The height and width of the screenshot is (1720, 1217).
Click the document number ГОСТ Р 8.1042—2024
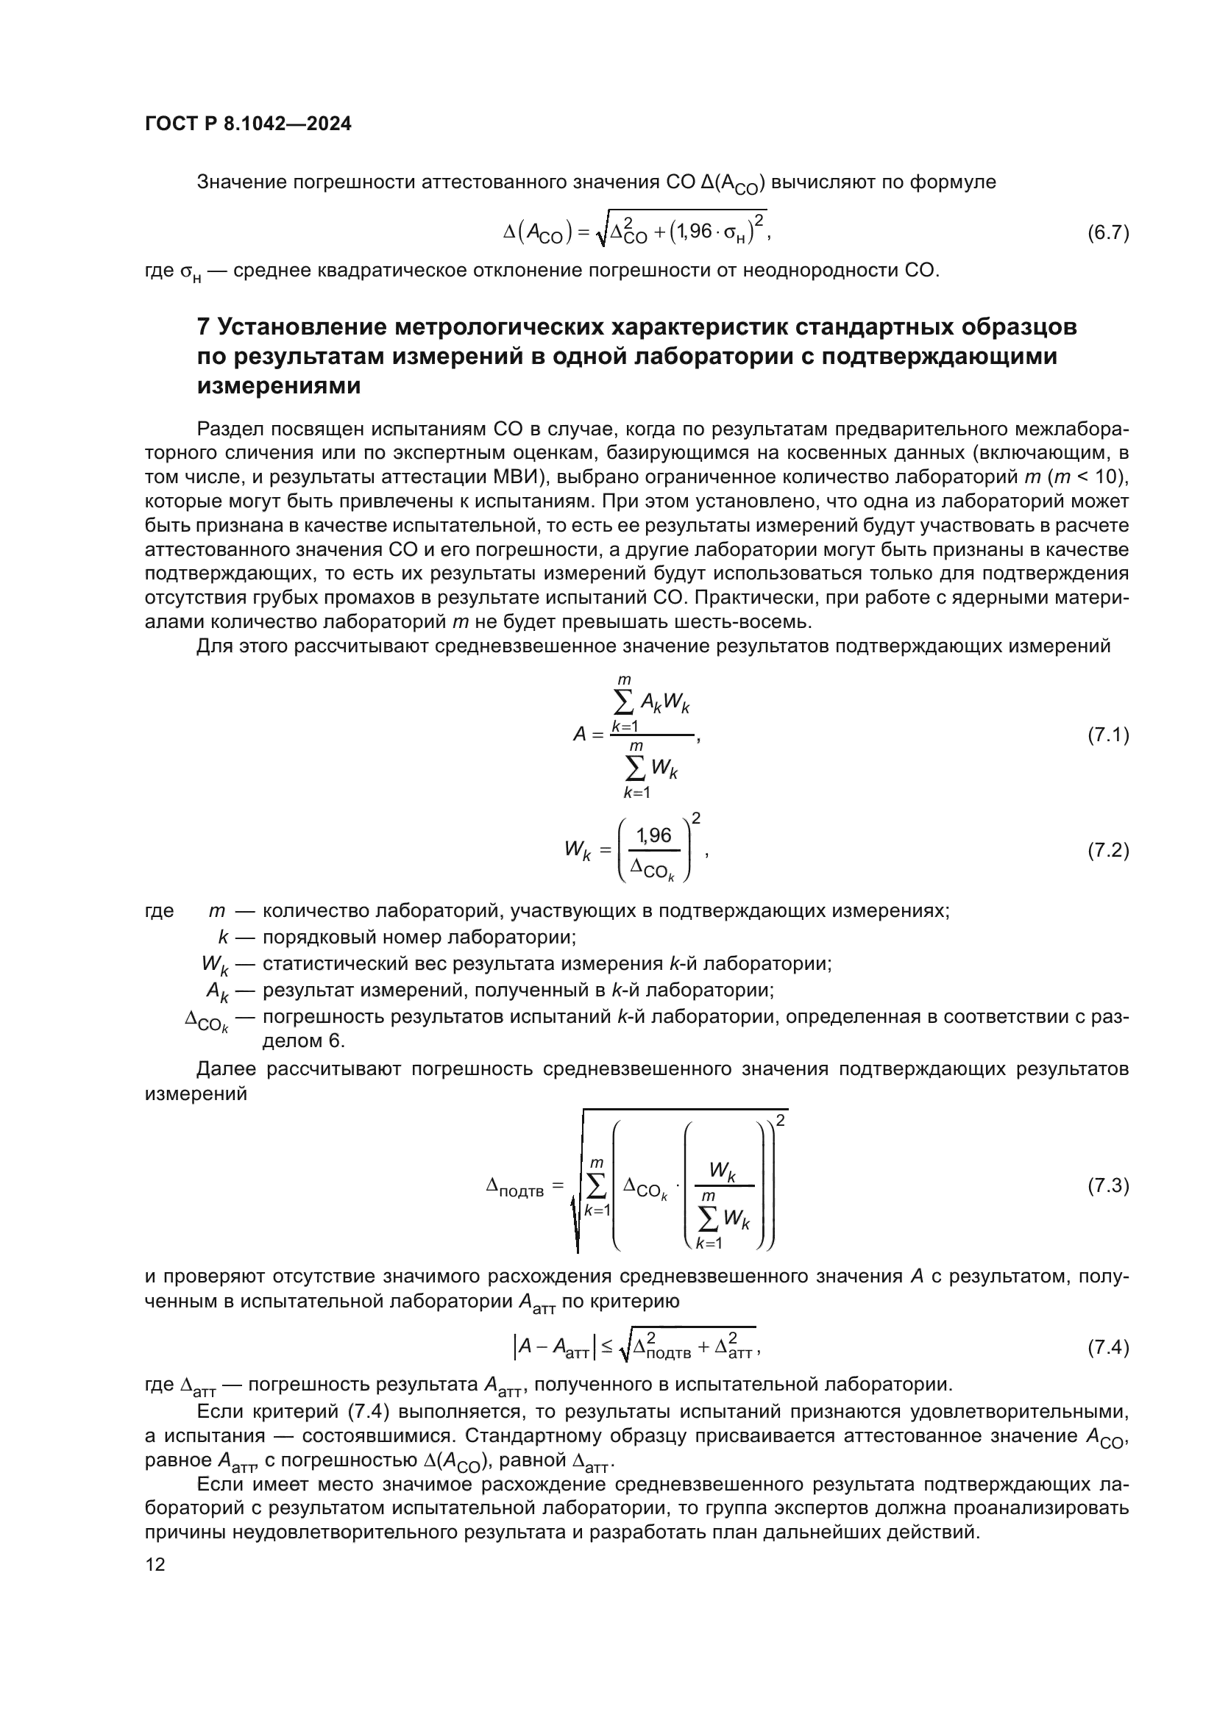click(248, 124)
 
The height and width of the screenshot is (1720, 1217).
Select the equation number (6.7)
click(1107, 233)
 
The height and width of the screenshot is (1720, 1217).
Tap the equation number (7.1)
click(1107, 735)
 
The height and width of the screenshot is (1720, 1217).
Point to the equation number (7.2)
click(1107, 850)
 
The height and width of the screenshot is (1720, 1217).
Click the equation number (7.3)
click(1107, 1186)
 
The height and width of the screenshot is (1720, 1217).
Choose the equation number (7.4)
click(1107, 1348)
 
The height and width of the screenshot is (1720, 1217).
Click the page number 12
click(155, 1565)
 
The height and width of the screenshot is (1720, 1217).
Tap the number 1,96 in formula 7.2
click(653, 836)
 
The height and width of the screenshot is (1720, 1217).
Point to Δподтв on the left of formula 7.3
click(515, 1188)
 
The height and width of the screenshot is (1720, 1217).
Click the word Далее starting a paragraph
click(227, 1069)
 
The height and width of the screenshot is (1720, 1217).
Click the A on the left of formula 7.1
click(579, 735)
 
